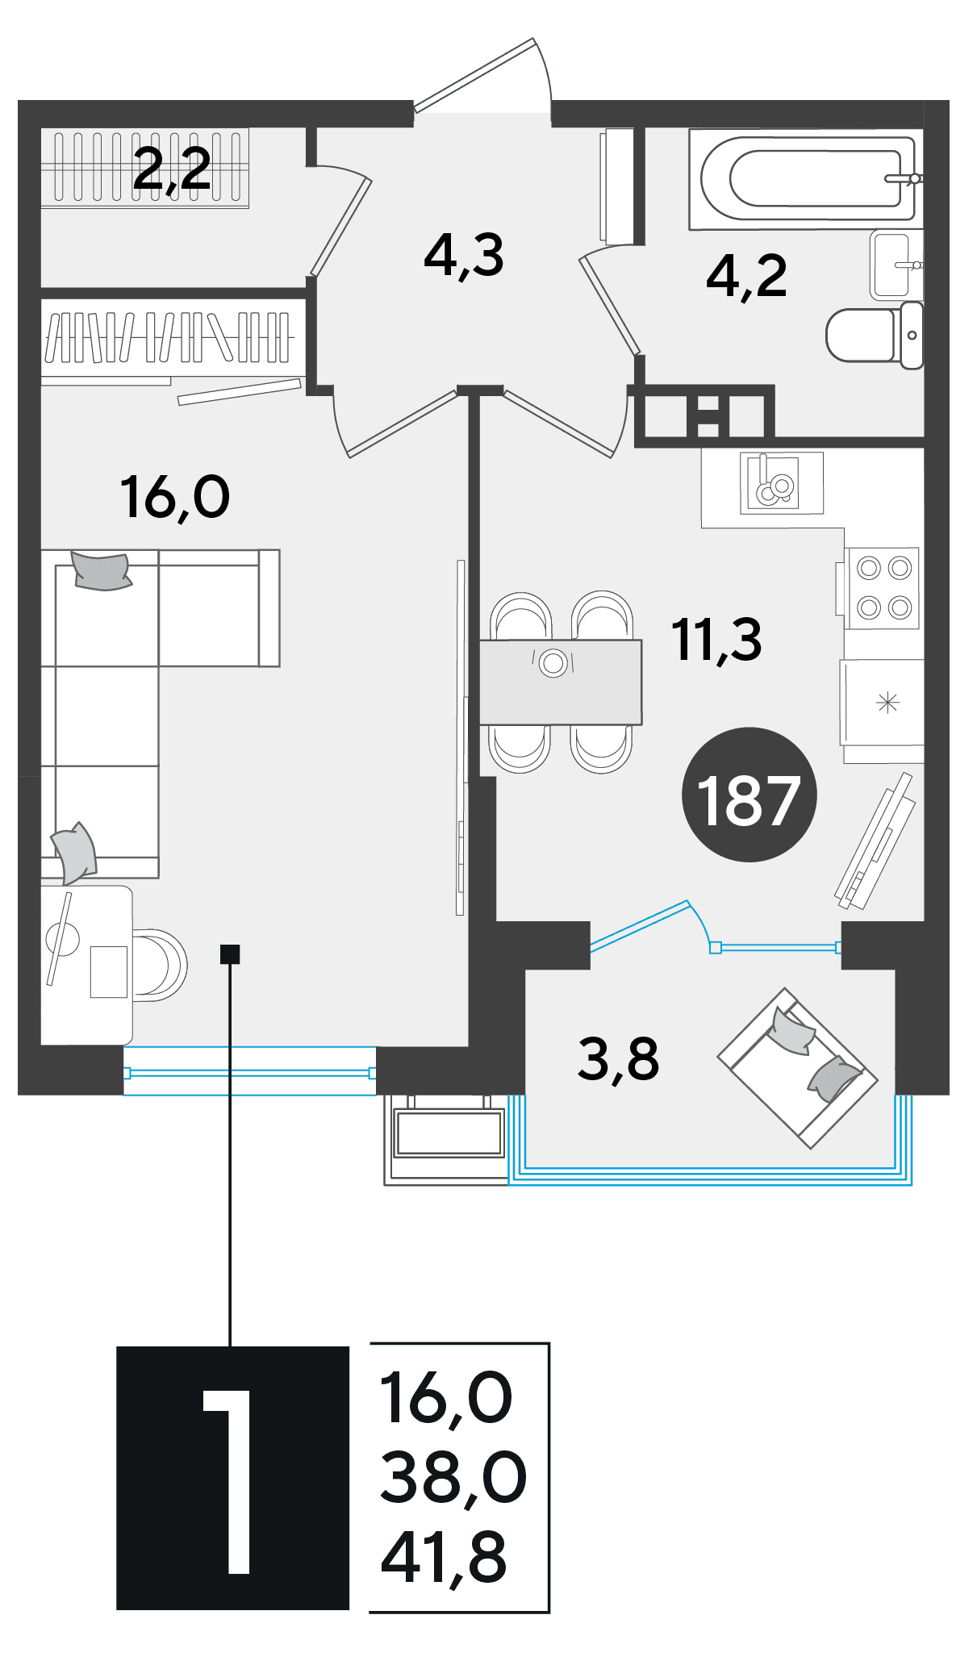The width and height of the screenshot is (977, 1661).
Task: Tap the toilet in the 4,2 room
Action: [875, 335]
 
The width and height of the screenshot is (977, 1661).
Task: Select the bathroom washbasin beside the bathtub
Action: [896, 265]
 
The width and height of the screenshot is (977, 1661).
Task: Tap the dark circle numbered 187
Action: [749, 795]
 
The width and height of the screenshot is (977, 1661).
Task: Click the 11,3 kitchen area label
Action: [716, 640]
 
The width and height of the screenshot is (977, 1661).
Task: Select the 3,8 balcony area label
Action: [618, 1059]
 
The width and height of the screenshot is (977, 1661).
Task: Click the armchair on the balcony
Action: [797, 1067]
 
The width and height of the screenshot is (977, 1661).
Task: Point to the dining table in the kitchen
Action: [561, 682]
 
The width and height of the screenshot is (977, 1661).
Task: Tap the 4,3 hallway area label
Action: [464, 256]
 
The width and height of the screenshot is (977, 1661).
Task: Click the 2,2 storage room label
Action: [172, 169]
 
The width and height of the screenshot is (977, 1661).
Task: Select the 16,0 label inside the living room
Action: [175, 496]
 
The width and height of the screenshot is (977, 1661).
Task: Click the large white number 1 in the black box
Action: [228, 1481]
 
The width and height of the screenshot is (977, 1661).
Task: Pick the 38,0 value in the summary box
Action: [453, 1477]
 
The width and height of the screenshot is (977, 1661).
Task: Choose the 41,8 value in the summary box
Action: [444, 1557]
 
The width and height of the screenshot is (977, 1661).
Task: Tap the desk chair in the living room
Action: [160, 965]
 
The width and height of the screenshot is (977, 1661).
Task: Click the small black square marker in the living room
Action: [230, 954]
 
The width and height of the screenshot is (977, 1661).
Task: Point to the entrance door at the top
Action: [482, 74]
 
